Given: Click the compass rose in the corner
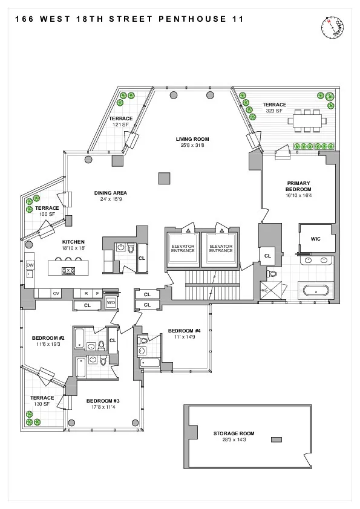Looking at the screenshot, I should click(332, 27).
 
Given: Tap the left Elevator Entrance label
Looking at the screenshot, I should click(182, 249).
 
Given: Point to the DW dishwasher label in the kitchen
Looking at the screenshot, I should click(30, 265).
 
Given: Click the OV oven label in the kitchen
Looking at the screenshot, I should click(56, 293).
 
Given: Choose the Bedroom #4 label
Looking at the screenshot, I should click(184, 330).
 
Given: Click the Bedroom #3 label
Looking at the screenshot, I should click(103, 401).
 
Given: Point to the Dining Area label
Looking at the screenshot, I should click(110, 193).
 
